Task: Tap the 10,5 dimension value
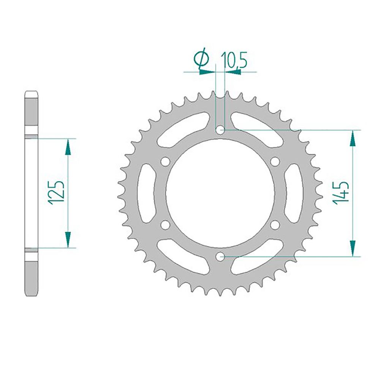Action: (235, 60)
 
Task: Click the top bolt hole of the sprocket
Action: (220, 130)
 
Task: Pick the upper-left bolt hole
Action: (165, 162)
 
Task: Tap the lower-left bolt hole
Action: (165, 225)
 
